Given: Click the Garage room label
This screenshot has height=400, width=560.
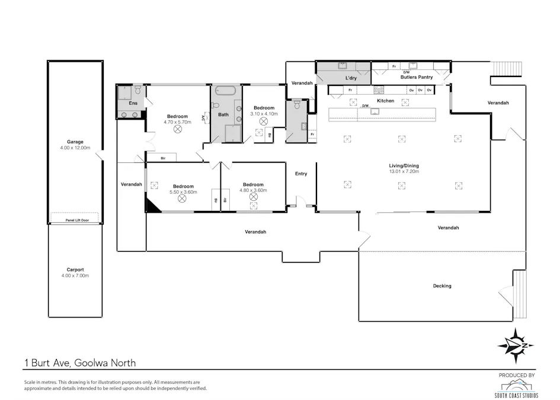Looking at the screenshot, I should [x=75, y=142].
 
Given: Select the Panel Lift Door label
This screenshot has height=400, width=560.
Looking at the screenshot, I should [x=75, y=221].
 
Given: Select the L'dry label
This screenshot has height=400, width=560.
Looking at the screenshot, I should [x=351, y=78].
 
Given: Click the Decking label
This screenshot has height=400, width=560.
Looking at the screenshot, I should [x=442, y=286].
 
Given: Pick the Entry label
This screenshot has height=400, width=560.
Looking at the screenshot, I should [x=301, y=174].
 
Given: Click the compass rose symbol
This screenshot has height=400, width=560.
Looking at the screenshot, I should [x=515, y=345].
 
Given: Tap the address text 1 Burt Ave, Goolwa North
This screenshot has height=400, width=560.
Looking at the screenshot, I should [x=83, y=362].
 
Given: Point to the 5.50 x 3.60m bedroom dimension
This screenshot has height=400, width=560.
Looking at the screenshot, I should [x=183, y=191].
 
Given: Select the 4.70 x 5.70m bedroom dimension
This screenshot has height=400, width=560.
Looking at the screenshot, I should [x=177, y=122].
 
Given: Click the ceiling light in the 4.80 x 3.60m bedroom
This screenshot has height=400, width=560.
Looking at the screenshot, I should [x=254, y=197].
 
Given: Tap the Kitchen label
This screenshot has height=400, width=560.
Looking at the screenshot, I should [x=386, y=101].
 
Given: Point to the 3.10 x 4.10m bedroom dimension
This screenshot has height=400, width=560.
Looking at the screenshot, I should [x=264, y=113].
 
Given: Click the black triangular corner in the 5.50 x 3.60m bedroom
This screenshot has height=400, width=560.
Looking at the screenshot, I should [x=152, y=206].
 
